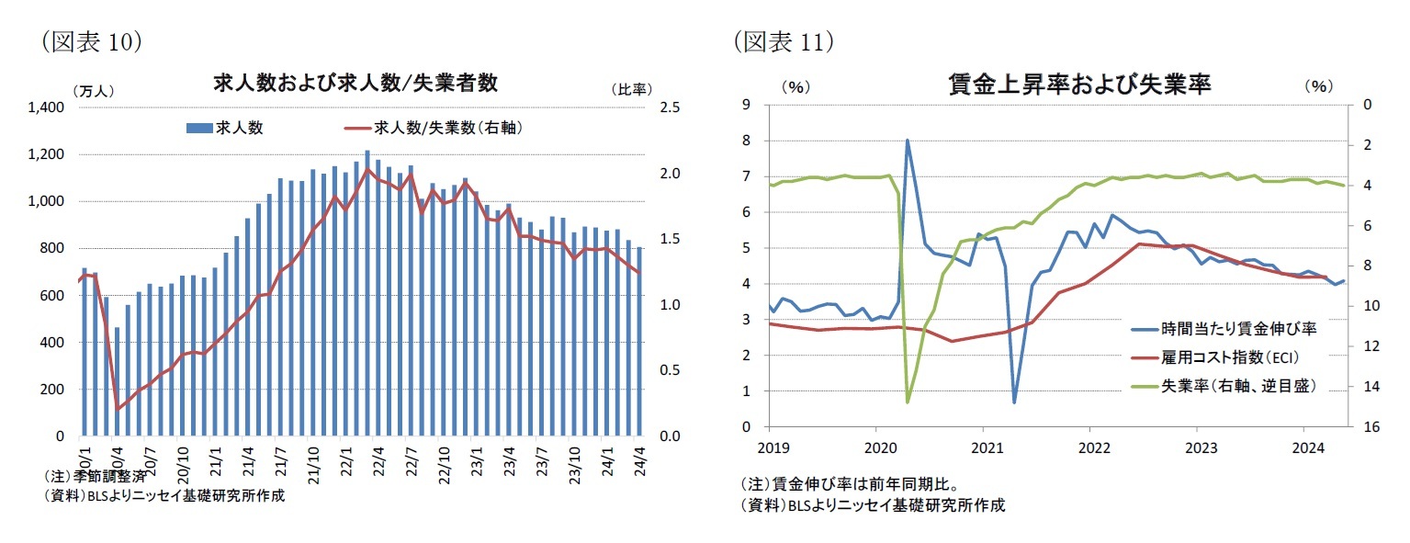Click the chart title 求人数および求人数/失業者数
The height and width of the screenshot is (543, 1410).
(x=355, y=84)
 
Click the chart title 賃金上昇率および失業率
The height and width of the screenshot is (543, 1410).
(x=1079, y=85)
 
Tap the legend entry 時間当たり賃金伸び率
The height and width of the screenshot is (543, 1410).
(x=1224, y=328)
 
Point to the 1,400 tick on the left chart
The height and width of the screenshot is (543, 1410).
(x=45, y=107)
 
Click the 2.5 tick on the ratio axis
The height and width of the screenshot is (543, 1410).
(x=670, y=107)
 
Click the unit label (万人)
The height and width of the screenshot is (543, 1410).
(x=92, y=90)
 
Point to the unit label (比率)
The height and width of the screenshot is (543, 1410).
(x=630, y=90)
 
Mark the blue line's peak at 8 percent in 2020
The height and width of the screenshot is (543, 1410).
(x=908, y=141)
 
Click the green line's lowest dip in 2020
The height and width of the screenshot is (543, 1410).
(x=908, y=402)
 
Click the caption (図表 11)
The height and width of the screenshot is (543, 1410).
(x=783, y=40)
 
